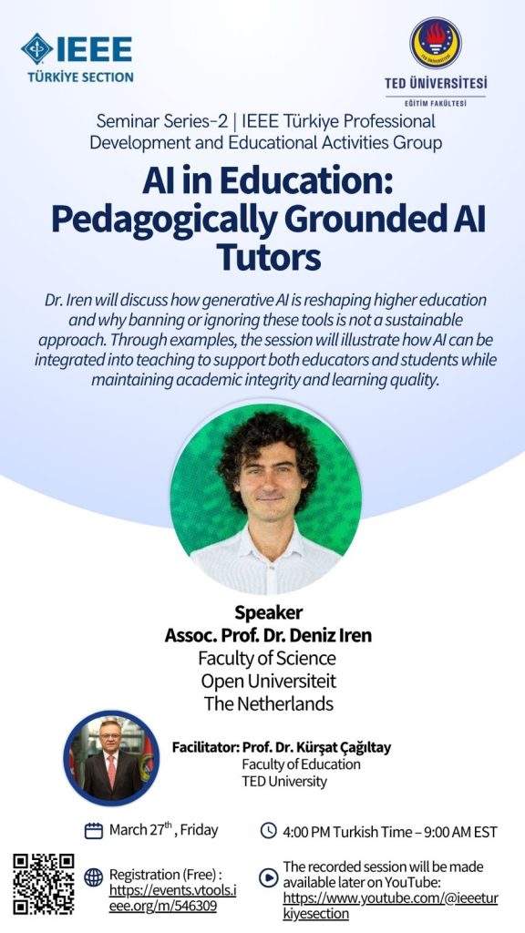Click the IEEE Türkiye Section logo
tap(77, 57)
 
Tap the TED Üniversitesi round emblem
tap(436, 43)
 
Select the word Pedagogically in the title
tap(163, 220)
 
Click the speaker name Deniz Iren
tap(330, 635)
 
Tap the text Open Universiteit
tap(269, 681)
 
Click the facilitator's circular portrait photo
tap(111, 757)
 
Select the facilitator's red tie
tap(111, 771)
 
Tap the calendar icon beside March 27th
tap(94, 831)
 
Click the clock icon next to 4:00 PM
tap(269, 830)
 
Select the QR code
tap(44, 884)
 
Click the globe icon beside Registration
tap(94, 877)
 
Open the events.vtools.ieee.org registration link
tap(172, 898)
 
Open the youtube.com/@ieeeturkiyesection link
tap(390, 906)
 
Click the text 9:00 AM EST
tap(460, 832)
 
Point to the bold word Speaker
tap(269, 612)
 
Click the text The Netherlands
tap(269, 704)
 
